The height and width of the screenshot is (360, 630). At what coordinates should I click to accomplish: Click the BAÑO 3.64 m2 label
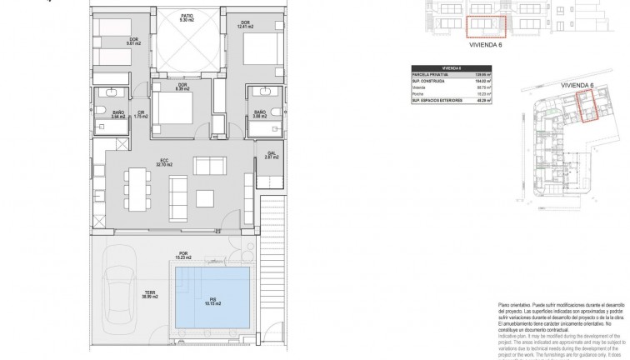click(117, 115)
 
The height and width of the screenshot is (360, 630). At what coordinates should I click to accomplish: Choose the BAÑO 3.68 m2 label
click(259, 114)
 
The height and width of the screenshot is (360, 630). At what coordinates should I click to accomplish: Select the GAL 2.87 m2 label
click(272, 155)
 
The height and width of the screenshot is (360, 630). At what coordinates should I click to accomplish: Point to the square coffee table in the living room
click(204, 198)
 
